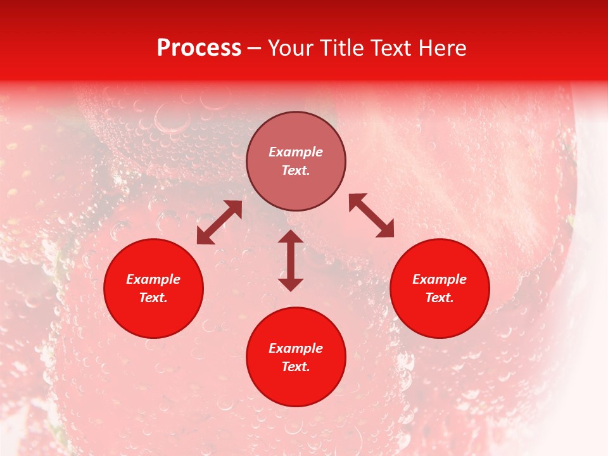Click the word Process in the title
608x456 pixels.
coord(199,48)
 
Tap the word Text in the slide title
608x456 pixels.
coord(396,48)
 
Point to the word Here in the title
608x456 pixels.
coord(445,48)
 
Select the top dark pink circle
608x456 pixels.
coord(296,161)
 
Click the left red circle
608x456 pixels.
coord(153,288)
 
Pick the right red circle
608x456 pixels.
coord(440,288)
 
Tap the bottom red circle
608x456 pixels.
coord(296,357)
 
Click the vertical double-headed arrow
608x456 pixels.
coord(291,260)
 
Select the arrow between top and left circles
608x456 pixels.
coord(219,222)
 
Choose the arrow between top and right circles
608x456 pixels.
coord(372,215)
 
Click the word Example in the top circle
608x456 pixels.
coord(296,152)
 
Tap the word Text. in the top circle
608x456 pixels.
coord(296,170)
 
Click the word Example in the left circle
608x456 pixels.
coord(153,279)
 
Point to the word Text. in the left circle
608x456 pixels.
coord(153,298)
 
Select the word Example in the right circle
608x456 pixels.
coord(440,279)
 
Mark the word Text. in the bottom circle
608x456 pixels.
coord(296,367)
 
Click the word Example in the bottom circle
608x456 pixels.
coord(296,348)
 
